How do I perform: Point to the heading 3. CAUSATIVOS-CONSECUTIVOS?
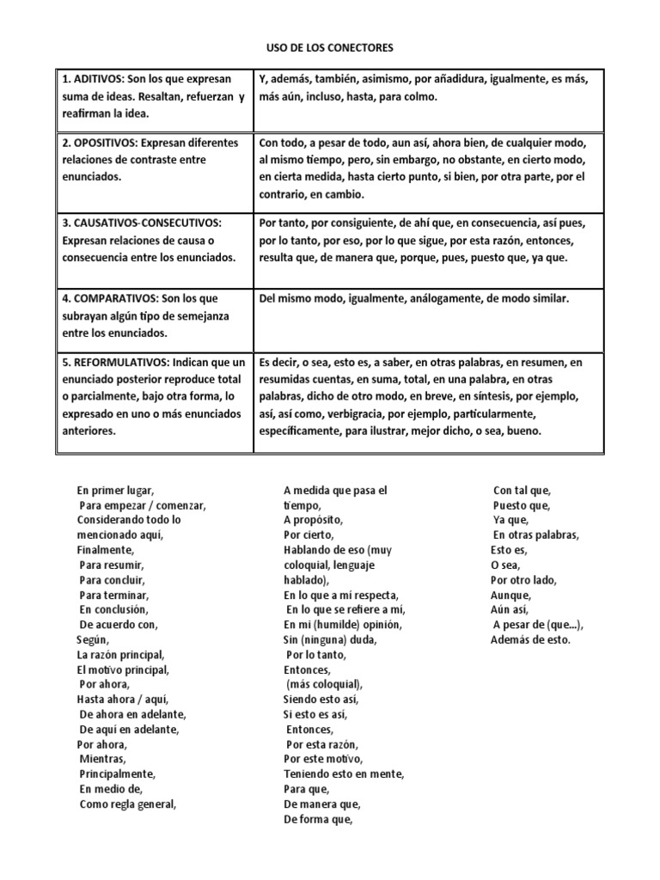(141, 223)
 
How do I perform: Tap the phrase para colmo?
(408, 97)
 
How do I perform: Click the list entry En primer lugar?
(115, 490)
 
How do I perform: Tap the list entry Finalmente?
(105, 550)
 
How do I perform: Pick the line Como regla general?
(128, 804)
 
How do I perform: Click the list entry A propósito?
(313, 520)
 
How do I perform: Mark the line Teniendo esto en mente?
(344, 773)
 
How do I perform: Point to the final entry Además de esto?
(530, 640)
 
